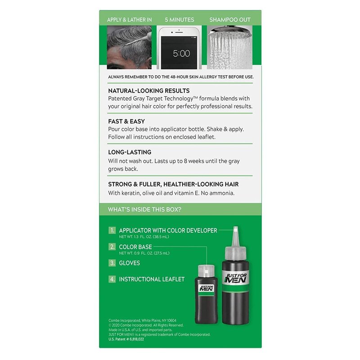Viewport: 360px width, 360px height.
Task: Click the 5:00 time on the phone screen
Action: (181, 54)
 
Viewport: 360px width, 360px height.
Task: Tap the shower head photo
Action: (229, 47)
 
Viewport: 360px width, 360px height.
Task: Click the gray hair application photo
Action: (129, 47)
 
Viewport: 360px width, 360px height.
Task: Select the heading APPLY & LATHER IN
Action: (129, 20)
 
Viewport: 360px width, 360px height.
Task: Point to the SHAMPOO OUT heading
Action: (230, 20)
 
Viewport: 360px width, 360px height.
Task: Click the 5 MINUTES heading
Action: (179, 20)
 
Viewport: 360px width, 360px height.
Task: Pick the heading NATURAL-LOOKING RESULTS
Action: (149, 91)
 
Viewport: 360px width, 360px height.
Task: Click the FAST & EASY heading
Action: (126, 121)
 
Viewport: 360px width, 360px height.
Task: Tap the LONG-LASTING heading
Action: (130, 152)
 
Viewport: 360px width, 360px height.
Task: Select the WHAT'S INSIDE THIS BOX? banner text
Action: (144, 209)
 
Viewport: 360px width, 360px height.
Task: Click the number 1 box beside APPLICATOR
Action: (112, 230)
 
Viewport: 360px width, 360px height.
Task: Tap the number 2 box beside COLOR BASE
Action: (112, 247)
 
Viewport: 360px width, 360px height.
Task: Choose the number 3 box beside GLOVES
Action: (112, 263)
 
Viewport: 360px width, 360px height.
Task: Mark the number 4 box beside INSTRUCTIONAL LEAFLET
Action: (112, 279)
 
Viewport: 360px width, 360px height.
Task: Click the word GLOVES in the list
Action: (129, 263)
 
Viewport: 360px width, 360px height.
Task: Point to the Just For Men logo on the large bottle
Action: (236, 278)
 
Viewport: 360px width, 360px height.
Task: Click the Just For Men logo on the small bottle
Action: (207, 288)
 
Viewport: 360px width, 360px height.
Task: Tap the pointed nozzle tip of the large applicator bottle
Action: (235, 228)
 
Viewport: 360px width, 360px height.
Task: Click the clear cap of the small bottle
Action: (206, 271)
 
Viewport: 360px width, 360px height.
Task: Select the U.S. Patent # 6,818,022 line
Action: (126, 339)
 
